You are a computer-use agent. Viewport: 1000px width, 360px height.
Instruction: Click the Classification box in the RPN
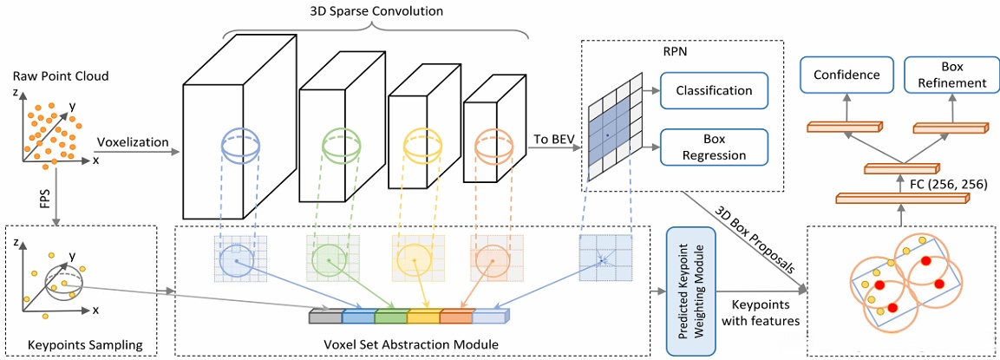click(x=714, y=90)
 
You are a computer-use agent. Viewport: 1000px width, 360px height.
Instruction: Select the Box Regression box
click(x=714, y=147)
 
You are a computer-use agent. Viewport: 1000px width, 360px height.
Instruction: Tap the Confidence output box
click(x=846, y=75)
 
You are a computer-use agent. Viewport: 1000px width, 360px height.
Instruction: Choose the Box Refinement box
click(x=951, y=75)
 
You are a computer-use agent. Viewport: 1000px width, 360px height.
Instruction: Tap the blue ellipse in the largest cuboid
click(x=239, y=144)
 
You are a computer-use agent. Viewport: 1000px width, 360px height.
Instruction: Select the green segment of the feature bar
click(x=391, y=317)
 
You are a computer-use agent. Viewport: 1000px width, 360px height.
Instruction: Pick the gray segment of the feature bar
click(x=326, y=317)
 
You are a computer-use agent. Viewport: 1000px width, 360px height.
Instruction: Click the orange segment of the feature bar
click(x=455, y=317)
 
